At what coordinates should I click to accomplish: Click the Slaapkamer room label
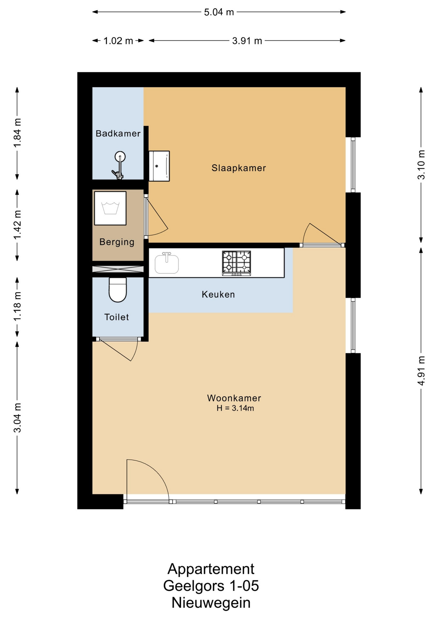pos(239,168)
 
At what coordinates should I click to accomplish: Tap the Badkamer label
pos(118,133)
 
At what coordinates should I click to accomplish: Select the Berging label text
pos(117,242)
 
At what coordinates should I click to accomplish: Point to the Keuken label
pos(218,294)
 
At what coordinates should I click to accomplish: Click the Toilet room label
pos(117,317)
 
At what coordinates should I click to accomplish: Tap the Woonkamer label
pos(234,398)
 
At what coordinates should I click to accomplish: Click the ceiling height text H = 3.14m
pos(235,408)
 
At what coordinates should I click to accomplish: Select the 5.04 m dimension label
pos(219,12)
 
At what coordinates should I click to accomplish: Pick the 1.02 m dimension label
pos(118,41)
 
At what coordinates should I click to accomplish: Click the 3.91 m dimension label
pos(247,41)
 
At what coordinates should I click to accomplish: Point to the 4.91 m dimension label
pos(421,371)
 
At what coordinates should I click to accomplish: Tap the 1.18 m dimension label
pos(17,306)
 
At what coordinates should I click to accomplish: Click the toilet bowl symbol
pos(118,290)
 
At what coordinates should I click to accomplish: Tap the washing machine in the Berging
pos(110,208)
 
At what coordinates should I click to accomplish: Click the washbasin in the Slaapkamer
pos(159,166)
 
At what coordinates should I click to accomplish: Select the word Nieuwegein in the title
pos(211,603)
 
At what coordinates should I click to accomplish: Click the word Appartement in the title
pos(211,569)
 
